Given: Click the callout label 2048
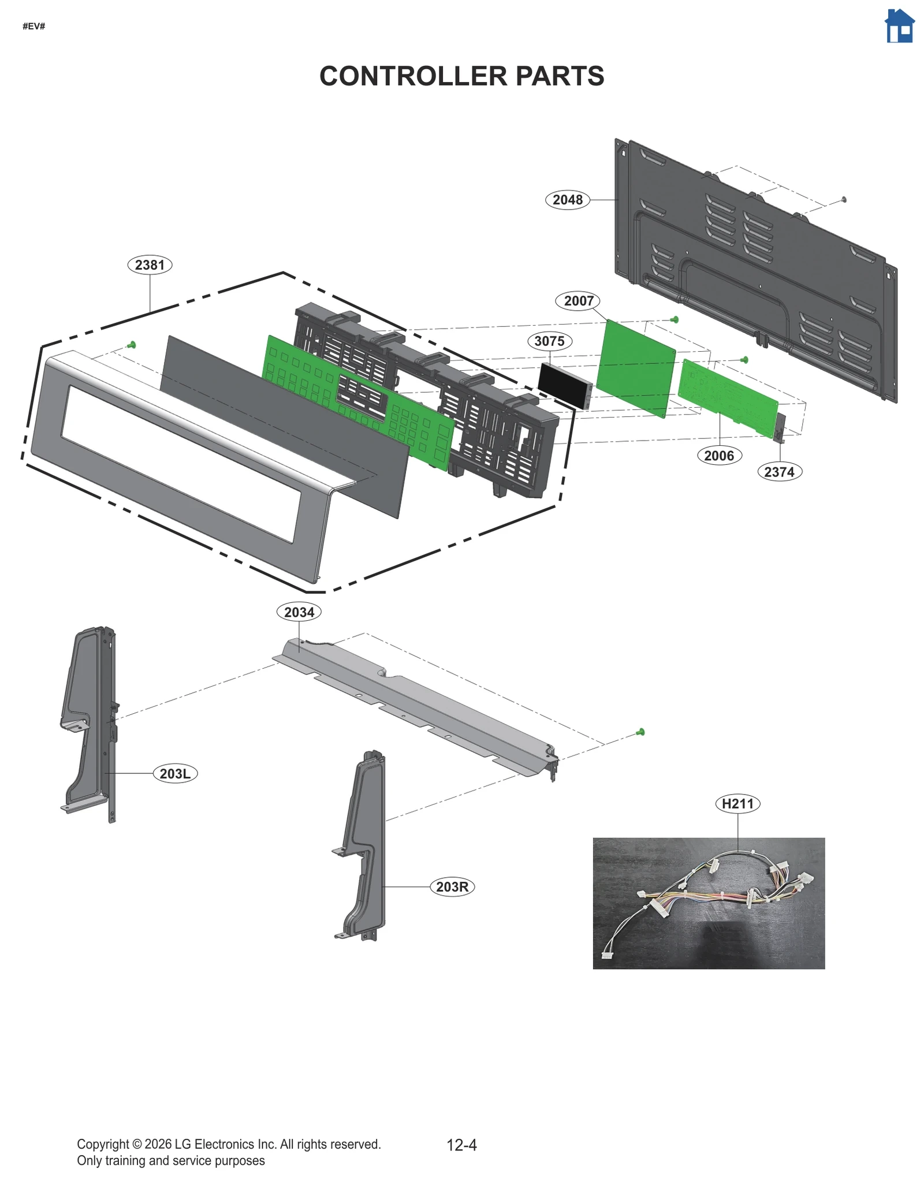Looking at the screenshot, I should (567, 200).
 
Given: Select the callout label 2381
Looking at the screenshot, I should (150, 265).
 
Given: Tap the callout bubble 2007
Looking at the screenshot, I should (578, 301).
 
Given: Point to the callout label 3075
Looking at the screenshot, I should (549, 341).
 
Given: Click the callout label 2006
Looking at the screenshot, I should (719, 456).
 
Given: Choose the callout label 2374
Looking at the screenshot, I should (779, 472).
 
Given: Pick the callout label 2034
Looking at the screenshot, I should (299, 612).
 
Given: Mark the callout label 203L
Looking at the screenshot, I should (175, 773).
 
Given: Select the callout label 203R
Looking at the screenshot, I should (452, 886).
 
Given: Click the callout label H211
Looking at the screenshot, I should (737, 803).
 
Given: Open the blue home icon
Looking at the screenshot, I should (899, 27).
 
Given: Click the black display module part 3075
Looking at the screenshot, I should (563, 385).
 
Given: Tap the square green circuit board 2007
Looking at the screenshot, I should (635, 368).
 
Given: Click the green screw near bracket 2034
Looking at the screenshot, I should (640, 732).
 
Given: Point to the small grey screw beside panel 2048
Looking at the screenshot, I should (844, 199).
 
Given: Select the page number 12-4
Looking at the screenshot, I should (461, 1145).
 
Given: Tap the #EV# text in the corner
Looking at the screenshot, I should (34, 27).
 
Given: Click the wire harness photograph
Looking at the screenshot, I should (709, 903).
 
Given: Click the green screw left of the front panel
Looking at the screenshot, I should (132, 345).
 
